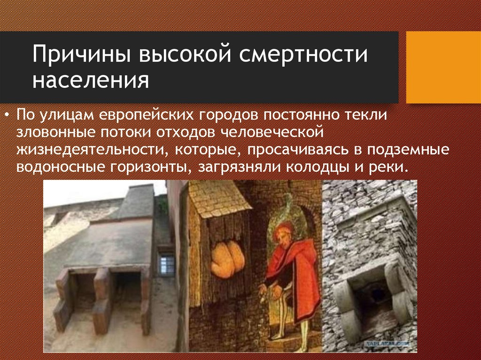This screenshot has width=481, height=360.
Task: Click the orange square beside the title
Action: (x=443, y=67)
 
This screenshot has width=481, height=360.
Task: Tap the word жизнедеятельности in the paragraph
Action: (x=89, y=150)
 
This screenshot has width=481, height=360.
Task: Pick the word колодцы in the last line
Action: (x=330, y=167)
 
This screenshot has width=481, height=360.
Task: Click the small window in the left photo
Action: (x=166, y=265)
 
